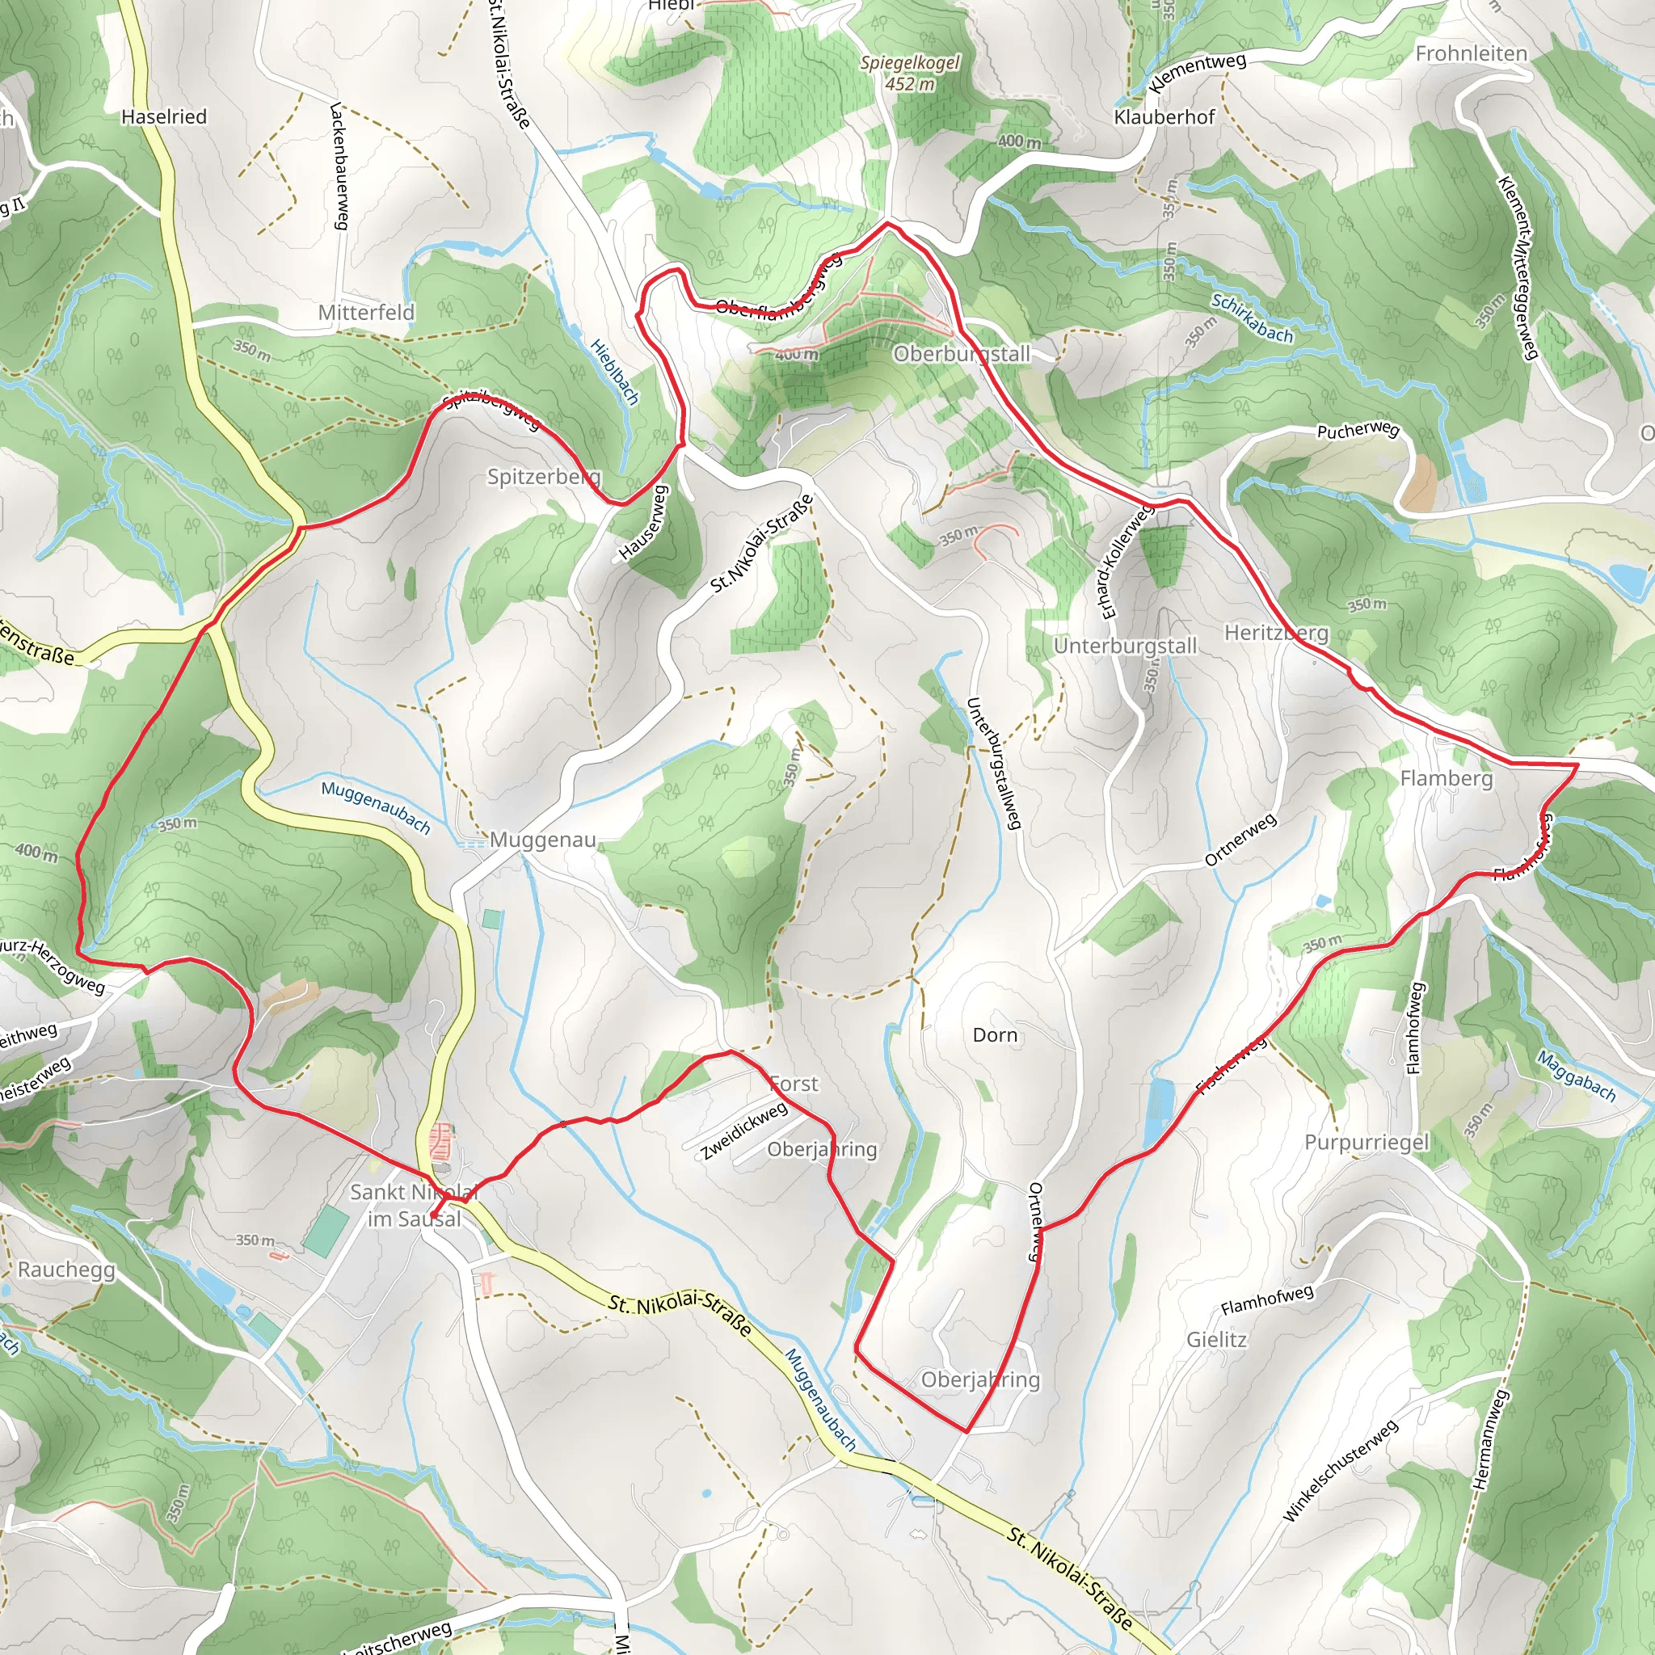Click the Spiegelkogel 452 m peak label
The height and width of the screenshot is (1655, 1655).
910,74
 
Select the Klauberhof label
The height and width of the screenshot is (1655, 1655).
1164,116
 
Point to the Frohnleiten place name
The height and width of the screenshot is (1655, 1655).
1471,54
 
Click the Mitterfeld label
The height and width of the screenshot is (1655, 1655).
366,313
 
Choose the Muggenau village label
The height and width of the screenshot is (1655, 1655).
542,840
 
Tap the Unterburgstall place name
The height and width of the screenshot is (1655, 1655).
1125,646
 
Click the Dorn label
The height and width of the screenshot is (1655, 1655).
995,1035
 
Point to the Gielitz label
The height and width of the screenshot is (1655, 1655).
1216,1339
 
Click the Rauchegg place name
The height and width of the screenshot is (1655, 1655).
66,1269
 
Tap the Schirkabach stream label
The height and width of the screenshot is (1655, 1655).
1252,318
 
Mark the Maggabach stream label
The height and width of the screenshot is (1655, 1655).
1575,1076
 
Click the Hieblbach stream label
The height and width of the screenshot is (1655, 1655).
615,371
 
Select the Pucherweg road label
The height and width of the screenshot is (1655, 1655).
1357,430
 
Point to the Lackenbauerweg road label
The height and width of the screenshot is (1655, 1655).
339,166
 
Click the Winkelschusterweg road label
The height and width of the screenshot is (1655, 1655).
1340,1470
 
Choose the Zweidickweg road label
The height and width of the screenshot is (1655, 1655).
743,1131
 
